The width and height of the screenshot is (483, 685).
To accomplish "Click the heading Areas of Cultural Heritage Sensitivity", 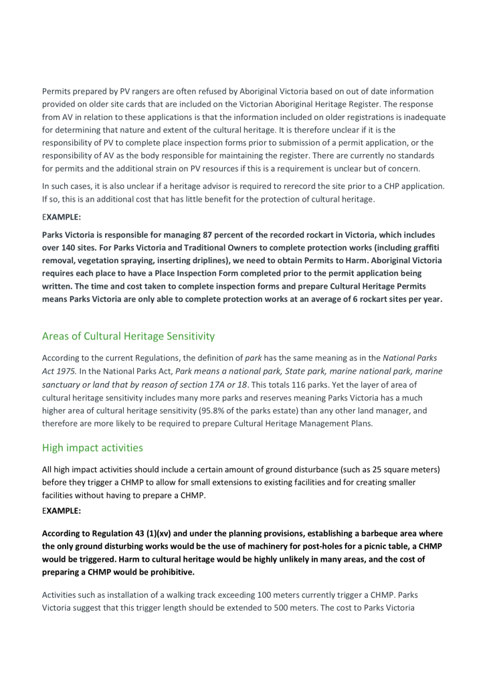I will (128, 334).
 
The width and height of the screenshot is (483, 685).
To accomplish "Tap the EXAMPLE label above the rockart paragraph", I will (60, 217).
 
